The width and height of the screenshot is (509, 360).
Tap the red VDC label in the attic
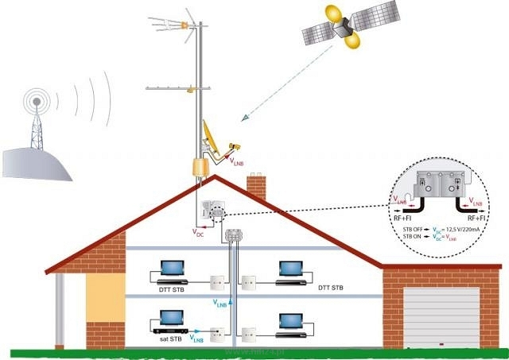coord(199,232)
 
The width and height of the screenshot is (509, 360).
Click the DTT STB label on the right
coord(330,287)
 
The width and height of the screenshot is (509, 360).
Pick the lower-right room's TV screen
coord(290,320)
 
